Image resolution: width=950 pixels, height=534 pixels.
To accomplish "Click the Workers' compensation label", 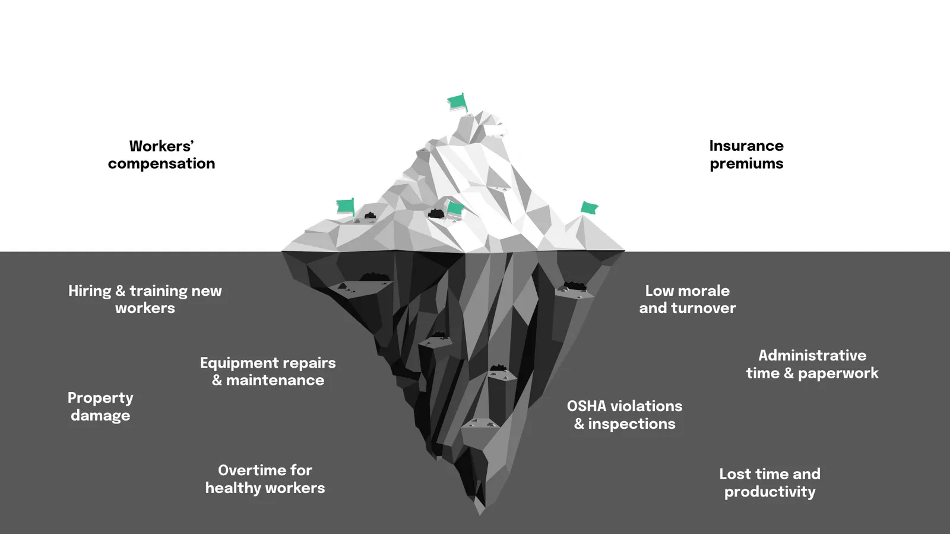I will pyautogui.click(x=161, y=154).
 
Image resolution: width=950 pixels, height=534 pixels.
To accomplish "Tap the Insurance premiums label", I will pyautogui.click(x=746, y=154).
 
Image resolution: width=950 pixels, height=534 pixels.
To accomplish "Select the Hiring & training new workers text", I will pyautogui.click(x=145, y=299).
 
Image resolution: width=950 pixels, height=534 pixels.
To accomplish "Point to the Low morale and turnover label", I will pyautogui.click(x=687, y=299).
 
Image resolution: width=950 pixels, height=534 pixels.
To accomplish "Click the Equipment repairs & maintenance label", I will pyautogui.click(x=268, y=371).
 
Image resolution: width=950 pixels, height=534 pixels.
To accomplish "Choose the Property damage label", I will pyautogui.click(x=100, y=406).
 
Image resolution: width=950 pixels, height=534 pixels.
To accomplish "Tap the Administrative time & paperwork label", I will pyautogui.click(x=812, y=364).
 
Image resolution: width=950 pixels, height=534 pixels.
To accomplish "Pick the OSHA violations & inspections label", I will pyautogui.click(x=625, y=415).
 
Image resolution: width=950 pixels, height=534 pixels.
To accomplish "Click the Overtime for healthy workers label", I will pyautogui.click(x=265, y=479).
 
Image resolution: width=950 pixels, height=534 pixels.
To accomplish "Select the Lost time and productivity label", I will pyautogui.click(x=769, y=482).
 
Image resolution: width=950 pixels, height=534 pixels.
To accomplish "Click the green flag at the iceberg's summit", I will pyautogui.click(x=457, y=102).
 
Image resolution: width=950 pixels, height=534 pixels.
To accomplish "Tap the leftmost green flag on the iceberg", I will pyautogui.click(x=345, y=206).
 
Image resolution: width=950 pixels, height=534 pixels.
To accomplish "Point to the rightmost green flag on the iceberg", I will pyautogui.click(x=589, y=207).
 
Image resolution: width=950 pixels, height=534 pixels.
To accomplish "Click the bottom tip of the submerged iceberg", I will pyautogui.click(x=480, y=511).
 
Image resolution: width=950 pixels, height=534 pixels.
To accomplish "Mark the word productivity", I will pyautogui.click(x=769, y=492).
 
